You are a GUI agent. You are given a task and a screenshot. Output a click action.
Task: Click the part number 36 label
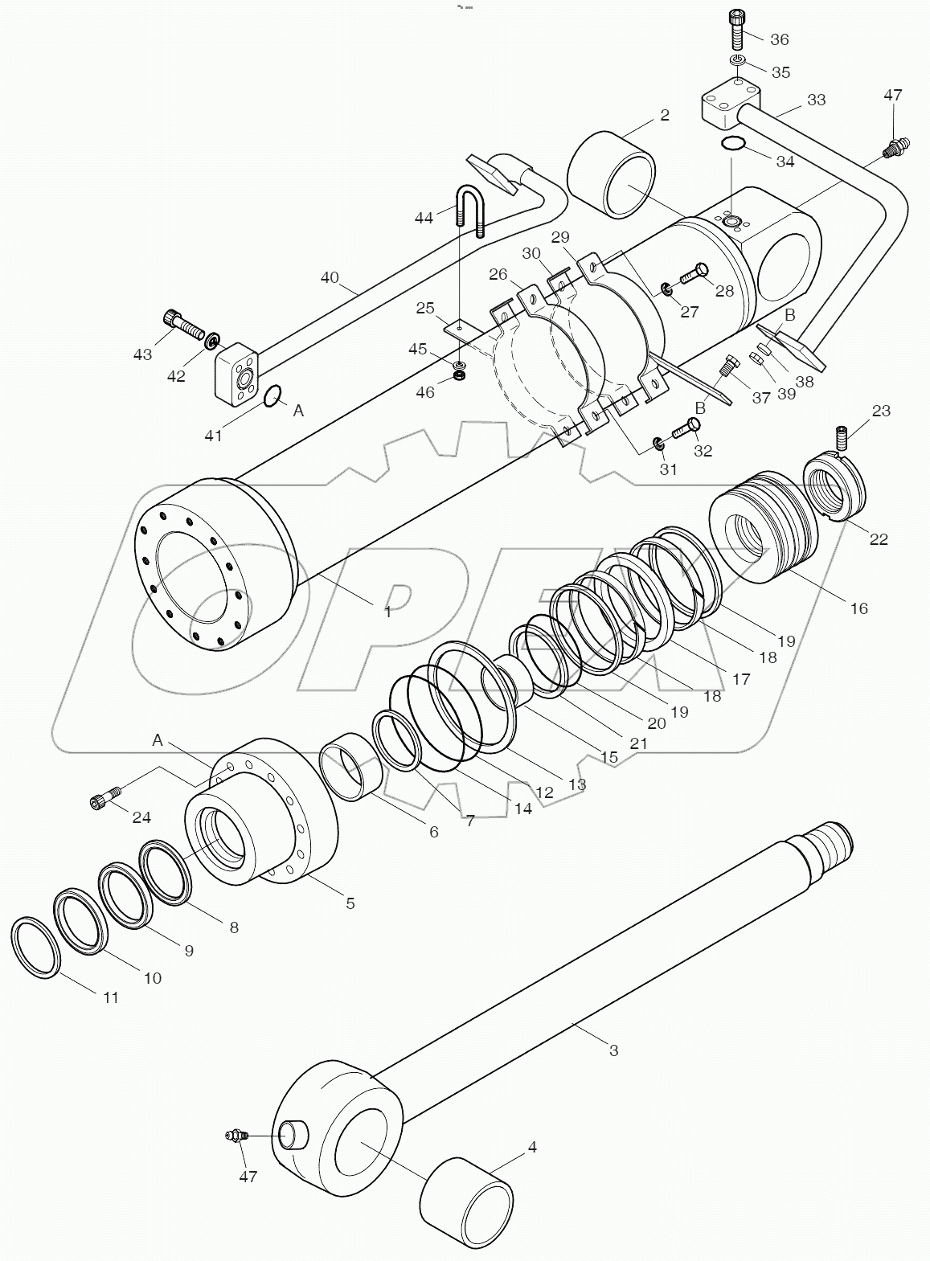tap(779, 39)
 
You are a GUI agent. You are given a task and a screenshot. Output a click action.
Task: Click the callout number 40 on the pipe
tap(330, 278)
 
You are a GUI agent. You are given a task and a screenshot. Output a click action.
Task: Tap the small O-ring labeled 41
tap(272, 395)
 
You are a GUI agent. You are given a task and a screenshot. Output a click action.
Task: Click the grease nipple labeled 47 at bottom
tap(236, 1136)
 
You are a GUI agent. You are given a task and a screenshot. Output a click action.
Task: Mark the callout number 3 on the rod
tap(613, 1050)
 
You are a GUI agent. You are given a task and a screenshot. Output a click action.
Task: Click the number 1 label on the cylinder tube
tap(387, 612)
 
